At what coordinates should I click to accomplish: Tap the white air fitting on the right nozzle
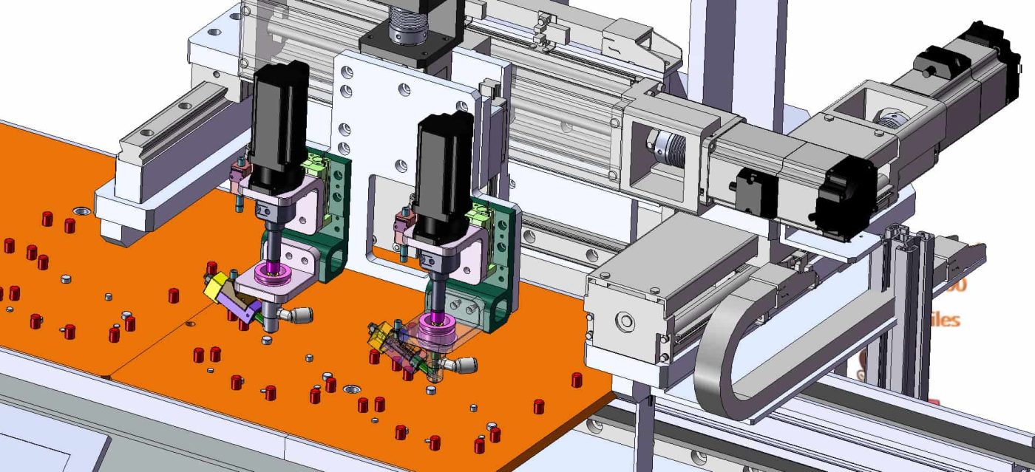pos(464,365)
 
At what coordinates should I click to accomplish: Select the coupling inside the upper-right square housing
pos(887,117)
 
